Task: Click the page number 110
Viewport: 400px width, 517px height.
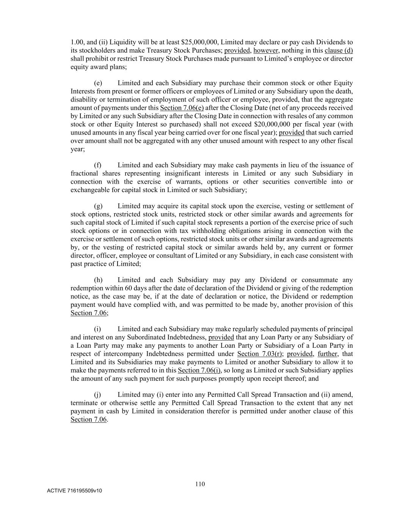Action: coord(200,484)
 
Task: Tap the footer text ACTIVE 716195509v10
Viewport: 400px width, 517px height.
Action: coord(74,491)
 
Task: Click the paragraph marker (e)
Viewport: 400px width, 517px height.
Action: coord(98,83)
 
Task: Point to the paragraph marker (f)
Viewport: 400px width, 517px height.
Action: coord(97,165)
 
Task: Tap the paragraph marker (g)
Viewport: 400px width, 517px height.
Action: coord(98,206)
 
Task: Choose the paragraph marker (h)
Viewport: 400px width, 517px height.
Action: coord(98,280)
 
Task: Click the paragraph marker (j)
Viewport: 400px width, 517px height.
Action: coord(97,395)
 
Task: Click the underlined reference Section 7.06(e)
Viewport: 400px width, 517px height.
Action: coord(182,108)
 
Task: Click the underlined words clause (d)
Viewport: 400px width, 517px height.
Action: coord(339,50)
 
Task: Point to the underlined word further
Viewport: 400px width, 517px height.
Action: coord(327,354)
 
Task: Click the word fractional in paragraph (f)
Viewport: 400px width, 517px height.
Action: coord(84,173)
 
